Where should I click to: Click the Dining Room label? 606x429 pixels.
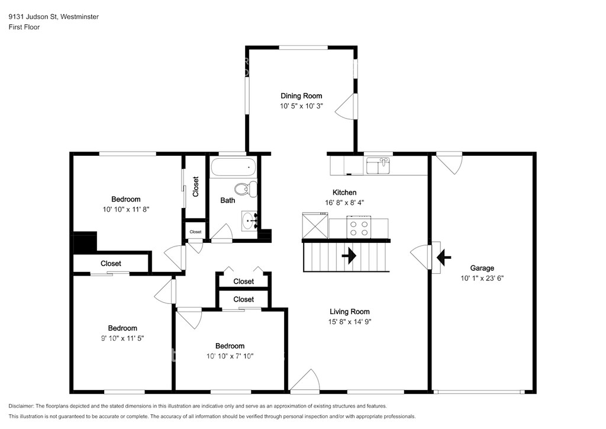pyautogui.click(x=301, y=96)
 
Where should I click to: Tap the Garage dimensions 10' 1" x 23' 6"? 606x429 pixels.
pyautogui.click(x=482, y=278)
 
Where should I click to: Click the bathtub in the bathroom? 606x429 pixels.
pyautogui.click(x=233, y=167)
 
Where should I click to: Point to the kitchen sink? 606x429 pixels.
pyautogui.click(x=379, y=165)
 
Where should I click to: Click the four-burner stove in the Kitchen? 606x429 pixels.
pyautogui.click(x=359, y=229)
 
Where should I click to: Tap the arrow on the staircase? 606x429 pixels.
pyautogui.click(x=349, y=256)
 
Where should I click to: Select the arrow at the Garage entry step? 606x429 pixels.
pyautogui.click(x=444, y=257)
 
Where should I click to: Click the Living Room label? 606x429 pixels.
pyautogui.click(x=349, y=312)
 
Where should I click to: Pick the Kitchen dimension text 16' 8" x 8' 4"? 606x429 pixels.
pyautogui.click(x=344, y=202)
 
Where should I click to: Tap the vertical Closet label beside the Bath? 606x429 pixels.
pyautogui.click(x=195, y=187)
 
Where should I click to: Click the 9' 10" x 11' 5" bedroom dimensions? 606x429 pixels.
pyautogui.click(x=122, y=338)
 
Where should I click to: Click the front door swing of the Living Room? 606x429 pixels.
pyautogui.click(x=305, y=380)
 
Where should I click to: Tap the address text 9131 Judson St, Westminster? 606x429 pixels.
pyautogui.click(x=54, y=17)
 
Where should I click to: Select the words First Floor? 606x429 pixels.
pyautogui.click(x=24, y=27)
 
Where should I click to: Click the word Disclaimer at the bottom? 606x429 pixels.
pyautogui.click(x=21, y=406)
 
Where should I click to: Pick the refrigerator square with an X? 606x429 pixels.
pyautogui.click(x=315, y=226)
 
